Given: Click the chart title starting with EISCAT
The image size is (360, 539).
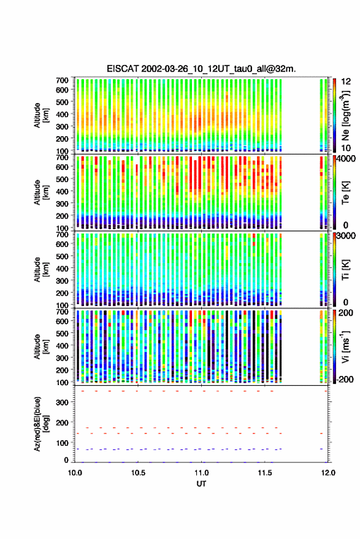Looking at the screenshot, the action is pyautogui.click(x=201, y=69).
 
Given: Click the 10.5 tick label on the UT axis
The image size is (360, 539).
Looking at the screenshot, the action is pyautogui.click(x=138, y=473).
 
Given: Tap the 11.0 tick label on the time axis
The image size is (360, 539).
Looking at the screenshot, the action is pyautogui.click(x=201, y=473).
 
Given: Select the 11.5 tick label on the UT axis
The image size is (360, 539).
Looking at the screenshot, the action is pyautogui.click(x=264, y=473).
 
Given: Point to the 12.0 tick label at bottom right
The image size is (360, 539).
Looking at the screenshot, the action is pyautogui.click(x=328, y=473).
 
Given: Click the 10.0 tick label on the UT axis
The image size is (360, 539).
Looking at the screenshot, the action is pyautogui.click(x=75, y=473).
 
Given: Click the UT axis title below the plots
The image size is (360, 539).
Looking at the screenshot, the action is pyautogui.click(x=201, y=484).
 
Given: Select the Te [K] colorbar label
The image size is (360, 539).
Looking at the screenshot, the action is pyautogui.click(x=345, y=193).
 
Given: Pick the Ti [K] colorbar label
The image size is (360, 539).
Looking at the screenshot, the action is pyautogui.click(x=345, y=270).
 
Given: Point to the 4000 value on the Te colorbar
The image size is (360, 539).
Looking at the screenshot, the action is pyautogui.click(x=346, y=159).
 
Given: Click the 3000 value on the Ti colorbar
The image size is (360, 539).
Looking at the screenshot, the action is pyautogui.click(x=346, y=236).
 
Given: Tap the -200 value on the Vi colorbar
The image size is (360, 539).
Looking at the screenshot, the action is pyautogui.click(x=344, y=379).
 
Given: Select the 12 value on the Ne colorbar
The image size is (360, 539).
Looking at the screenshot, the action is pyautogui.click(x=346, y=82).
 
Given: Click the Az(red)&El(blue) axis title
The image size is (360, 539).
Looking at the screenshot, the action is pyautogui.click(x=42, y=424).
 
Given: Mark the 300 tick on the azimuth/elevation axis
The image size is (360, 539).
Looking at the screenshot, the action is pyautogui.click(x=62, y=402).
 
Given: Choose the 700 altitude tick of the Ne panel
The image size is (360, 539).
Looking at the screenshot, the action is pyautogui.click(x=62, y=80).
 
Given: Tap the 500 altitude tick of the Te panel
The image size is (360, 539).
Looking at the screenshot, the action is pyautogui.click(x=62, y=179).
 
